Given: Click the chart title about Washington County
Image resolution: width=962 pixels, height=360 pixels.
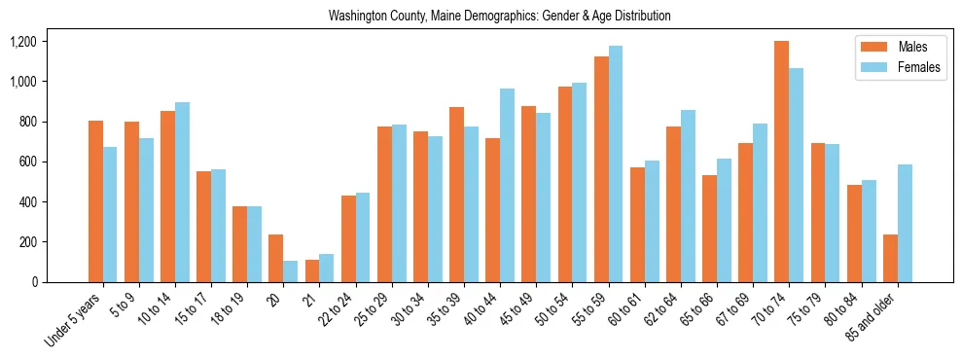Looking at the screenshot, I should [x=499, y=17].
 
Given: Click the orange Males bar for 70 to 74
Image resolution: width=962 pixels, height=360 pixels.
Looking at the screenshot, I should [x=781, y=162].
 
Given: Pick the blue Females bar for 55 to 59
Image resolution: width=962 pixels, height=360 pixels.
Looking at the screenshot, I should [x=616, y=163].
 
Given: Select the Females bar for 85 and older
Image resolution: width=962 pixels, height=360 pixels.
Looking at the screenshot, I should [x=905, y=223].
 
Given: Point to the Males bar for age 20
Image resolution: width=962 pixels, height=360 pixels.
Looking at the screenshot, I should [x=276, y=258].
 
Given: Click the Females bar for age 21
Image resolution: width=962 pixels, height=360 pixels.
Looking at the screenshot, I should [x=327, y=268].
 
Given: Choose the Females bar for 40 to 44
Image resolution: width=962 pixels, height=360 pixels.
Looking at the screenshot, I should [x=507, y=185].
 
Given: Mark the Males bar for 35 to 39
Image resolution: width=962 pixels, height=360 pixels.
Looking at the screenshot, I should [x=456, y=195].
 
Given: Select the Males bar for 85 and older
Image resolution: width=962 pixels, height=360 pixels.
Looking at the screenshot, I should [x=890, y=258].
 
